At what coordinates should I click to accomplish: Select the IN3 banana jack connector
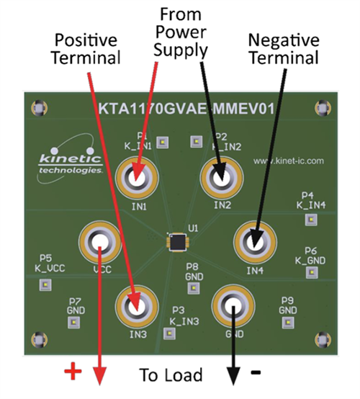(137, 306)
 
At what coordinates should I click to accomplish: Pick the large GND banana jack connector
(233, 306)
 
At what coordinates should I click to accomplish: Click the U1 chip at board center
(176, 243)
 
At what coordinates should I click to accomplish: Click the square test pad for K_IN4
(311, 218)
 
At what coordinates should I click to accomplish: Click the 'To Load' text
(171, 375)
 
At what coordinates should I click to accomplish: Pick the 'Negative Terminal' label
(282, 48)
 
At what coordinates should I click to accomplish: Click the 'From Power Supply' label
(180, 32)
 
